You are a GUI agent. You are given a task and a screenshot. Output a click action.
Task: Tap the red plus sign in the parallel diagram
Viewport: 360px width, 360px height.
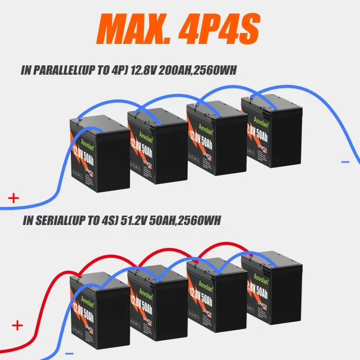13,197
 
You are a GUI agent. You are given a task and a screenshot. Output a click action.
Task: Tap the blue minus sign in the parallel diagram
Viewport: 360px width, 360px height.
345,161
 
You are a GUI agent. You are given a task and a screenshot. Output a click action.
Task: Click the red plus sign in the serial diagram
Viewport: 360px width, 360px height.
17,325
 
